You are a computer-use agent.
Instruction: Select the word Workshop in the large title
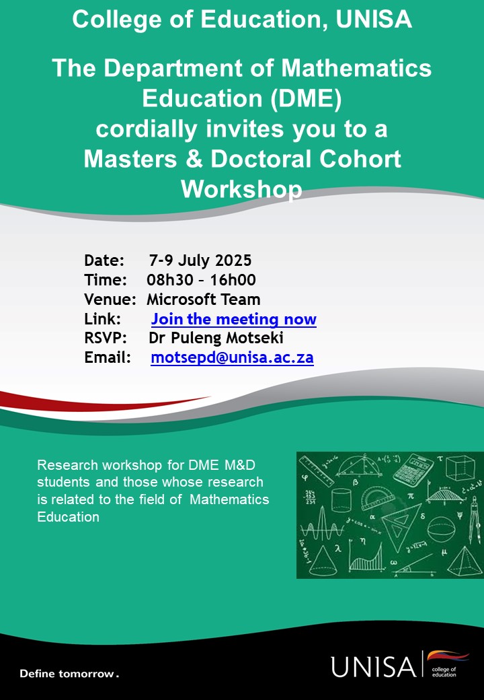pos(241,189)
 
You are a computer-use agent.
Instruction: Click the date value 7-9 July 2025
pos(200,260)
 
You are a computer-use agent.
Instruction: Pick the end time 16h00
pos(233,280)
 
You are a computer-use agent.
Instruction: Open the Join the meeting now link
pos(233,319)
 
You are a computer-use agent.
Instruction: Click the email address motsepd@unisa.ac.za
pos(232,357)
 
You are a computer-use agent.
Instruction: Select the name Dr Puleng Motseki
pos(216,339)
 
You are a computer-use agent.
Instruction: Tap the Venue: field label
pos(110,300)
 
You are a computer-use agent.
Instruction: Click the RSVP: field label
pos(106,339)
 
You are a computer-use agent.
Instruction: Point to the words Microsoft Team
pos(204,300)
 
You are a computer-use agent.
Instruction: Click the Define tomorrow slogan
pos(69,673)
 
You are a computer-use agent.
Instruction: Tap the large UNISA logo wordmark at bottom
pos(373,666)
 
